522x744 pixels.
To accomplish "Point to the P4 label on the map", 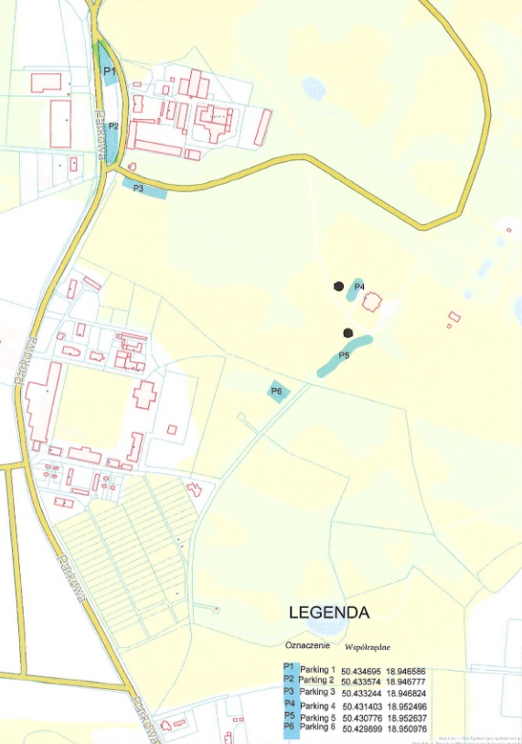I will pos(359,287).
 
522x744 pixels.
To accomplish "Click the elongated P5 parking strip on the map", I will pos(345,356).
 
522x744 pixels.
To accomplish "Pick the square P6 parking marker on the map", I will pos(277,392).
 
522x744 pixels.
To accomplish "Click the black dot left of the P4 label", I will pos(339,286).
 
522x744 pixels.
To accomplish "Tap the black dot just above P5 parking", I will pos(347,333).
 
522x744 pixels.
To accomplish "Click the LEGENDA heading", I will pos(329,612).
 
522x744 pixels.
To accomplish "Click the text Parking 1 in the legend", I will pos(318,670).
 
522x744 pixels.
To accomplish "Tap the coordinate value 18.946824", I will pos(407,694).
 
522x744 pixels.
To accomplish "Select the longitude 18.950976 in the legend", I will pos(408,730).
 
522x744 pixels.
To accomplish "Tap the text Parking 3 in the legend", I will pos(319,693).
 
